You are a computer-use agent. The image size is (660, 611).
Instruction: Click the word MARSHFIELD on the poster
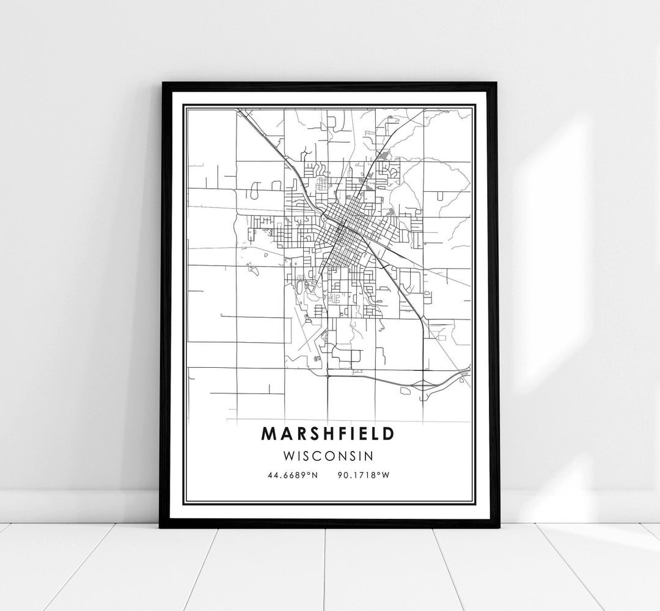click(x=328, y=433)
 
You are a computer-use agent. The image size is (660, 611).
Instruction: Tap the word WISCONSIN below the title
click(x=328, y=455)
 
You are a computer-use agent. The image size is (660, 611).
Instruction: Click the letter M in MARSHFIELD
click(x=269, y=433)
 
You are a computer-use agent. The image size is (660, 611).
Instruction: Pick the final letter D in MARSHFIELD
click(x=389, y=433)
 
